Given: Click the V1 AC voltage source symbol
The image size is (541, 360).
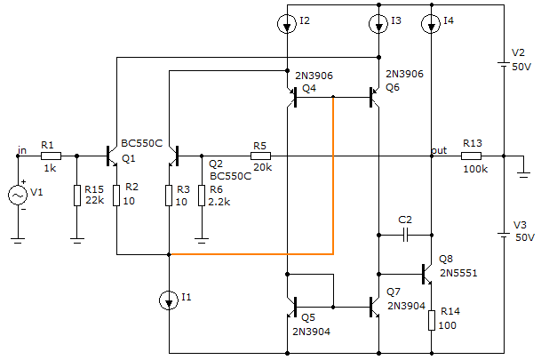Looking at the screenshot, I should point(18,195).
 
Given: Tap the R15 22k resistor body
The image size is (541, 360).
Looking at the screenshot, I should point(76,195).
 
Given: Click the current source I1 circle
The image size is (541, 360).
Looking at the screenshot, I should point(169,300).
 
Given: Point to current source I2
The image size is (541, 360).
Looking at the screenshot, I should point(286,24).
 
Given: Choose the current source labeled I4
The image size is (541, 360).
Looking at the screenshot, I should point(431,24).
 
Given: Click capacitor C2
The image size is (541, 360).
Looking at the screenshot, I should point(405,236).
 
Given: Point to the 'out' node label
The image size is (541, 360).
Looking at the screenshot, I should point(438,150).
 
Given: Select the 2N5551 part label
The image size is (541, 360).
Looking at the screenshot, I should point(458,273).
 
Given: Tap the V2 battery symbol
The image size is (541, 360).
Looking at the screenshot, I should point(503,65).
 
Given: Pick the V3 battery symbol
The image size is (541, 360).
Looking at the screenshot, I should point(503,236).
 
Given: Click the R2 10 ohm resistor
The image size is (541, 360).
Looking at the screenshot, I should point(116,195).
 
